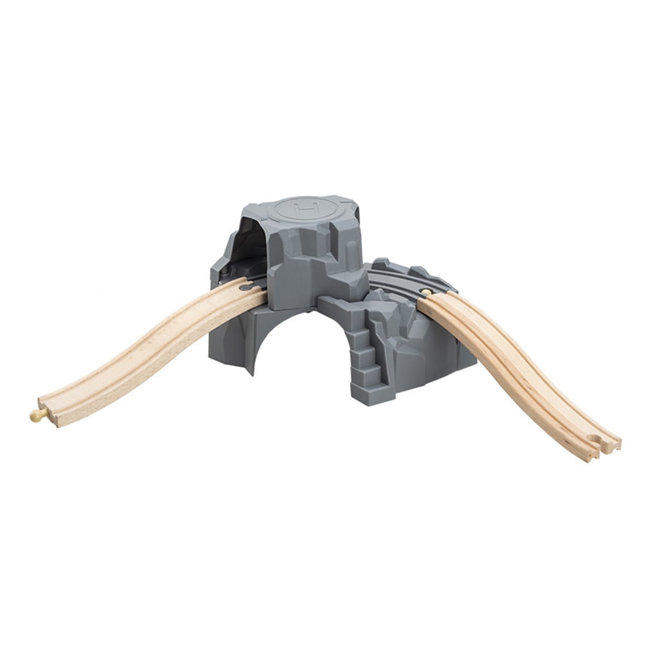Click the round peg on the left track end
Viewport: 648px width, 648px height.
(36, 415)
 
